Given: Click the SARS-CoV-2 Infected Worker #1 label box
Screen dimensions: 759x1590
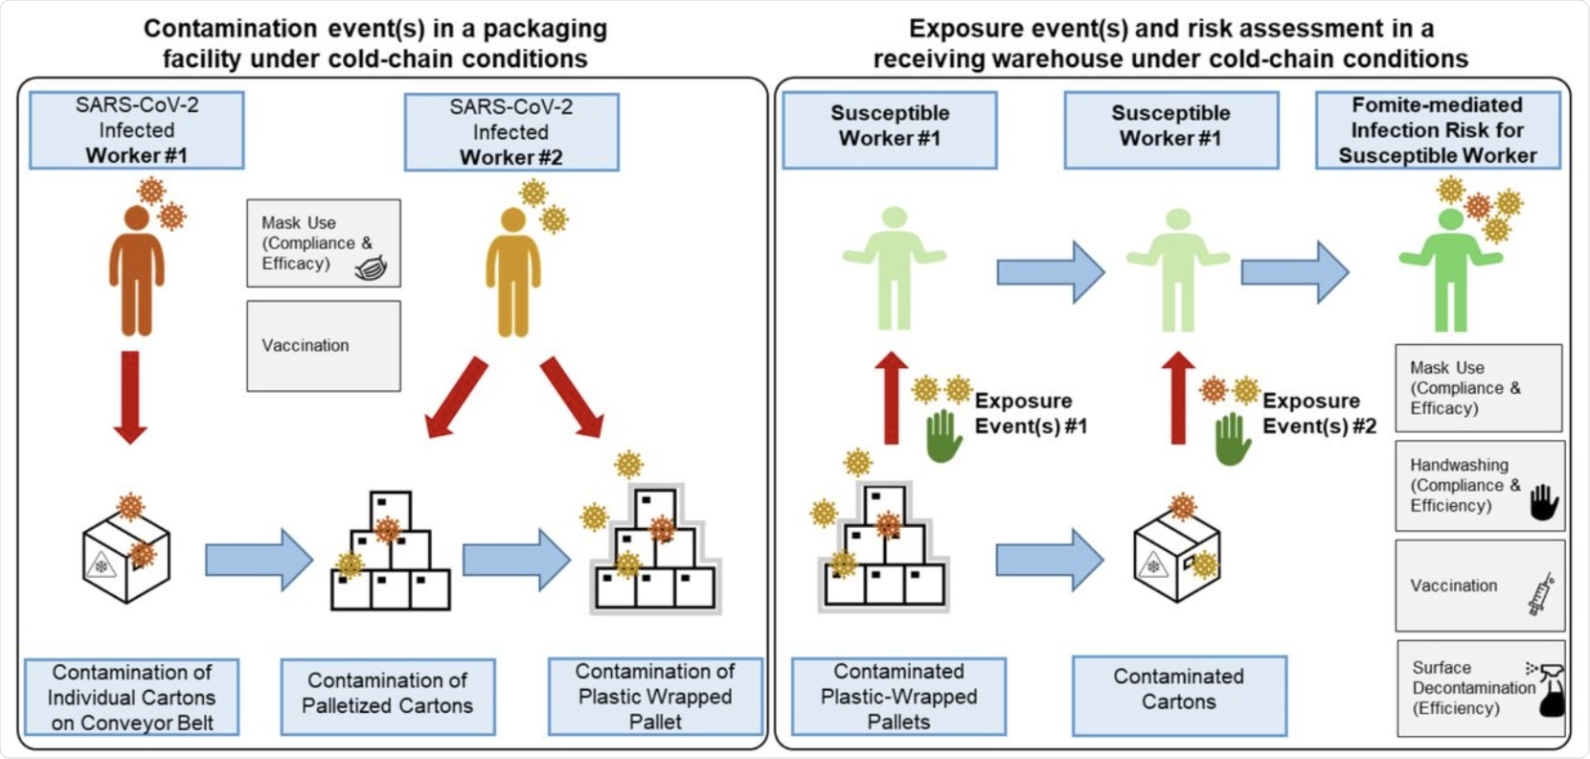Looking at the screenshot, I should point(136,130).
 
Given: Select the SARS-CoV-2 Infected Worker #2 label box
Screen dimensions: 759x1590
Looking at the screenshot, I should point(511,132).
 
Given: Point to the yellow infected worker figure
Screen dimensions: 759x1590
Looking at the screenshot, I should point(513,273).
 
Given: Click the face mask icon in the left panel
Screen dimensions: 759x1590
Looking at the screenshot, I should point(371,268).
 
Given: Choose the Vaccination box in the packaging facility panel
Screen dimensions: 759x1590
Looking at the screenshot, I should point(324,346).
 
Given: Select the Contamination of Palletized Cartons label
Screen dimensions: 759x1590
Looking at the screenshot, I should point(387,694).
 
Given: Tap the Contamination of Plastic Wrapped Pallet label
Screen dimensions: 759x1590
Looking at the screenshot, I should point(655,697).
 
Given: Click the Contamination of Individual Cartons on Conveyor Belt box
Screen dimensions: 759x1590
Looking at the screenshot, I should point(132,697).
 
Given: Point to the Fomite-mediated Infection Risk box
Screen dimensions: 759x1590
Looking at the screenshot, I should point(1437,130).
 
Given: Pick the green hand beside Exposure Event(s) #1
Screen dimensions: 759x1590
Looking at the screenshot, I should point(943,436).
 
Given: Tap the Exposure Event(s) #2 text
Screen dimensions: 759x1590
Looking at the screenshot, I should point(1319,413).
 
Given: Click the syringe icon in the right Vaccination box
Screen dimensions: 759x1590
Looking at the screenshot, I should point(1541,594).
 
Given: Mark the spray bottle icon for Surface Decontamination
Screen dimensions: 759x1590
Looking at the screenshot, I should point(1550,690).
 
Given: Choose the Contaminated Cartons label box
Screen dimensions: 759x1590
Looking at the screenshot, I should point(1178,690).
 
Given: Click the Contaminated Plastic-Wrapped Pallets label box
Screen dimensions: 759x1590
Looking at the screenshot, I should point(898,697).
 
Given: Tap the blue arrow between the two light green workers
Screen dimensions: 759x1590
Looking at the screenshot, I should point(1050,272).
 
